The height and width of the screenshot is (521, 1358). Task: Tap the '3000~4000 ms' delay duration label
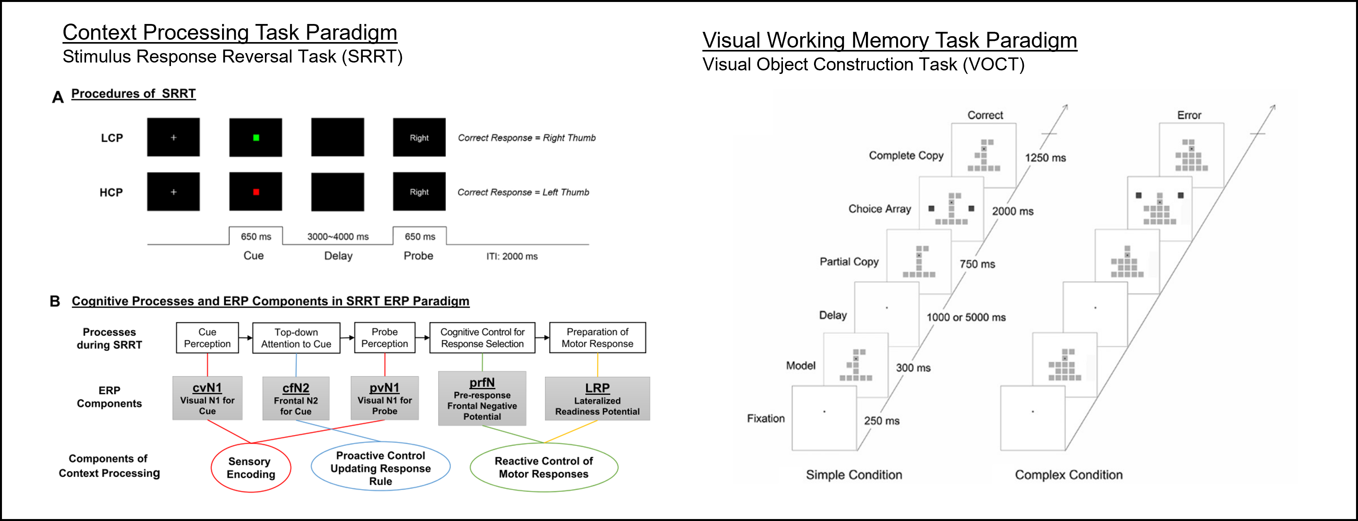tap(338, 237)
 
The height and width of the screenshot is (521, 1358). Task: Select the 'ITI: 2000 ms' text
tap(512, 256)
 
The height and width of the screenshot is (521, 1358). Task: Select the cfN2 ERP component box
tap(296, 399)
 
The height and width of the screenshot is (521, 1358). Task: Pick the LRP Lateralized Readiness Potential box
tap(597, 399)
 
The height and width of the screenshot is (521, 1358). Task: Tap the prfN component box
tap(482, 399)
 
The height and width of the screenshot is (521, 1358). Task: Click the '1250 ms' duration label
tap(1045, 158)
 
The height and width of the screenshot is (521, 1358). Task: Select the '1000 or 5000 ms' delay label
tap(966, 317)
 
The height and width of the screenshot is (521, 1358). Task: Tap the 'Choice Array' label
tap(879, 209)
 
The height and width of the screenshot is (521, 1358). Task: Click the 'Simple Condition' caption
tap(854, 475)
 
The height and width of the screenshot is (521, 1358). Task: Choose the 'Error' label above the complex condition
tap(1189, 115)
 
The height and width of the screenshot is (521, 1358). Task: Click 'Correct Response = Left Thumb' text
tap(523, 192)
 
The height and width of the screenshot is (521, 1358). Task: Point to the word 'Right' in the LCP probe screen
tap(419, 138)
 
